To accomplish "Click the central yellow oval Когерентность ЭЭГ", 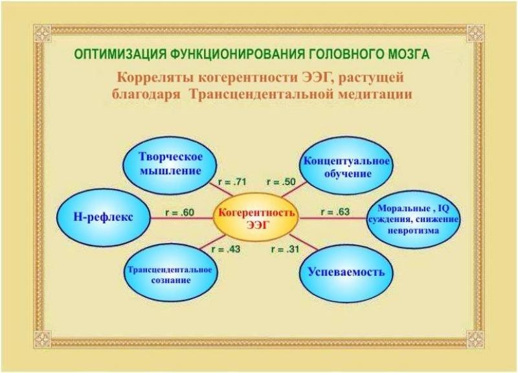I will pos(257,218).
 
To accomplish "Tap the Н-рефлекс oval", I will pos(104,217).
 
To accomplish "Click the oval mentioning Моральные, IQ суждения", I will pos(414,219).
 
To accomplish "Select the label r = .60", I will pos(181,211).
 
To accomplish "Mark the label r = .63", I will pos(335,211).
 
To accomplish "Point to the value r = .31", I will pos(286,249).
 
